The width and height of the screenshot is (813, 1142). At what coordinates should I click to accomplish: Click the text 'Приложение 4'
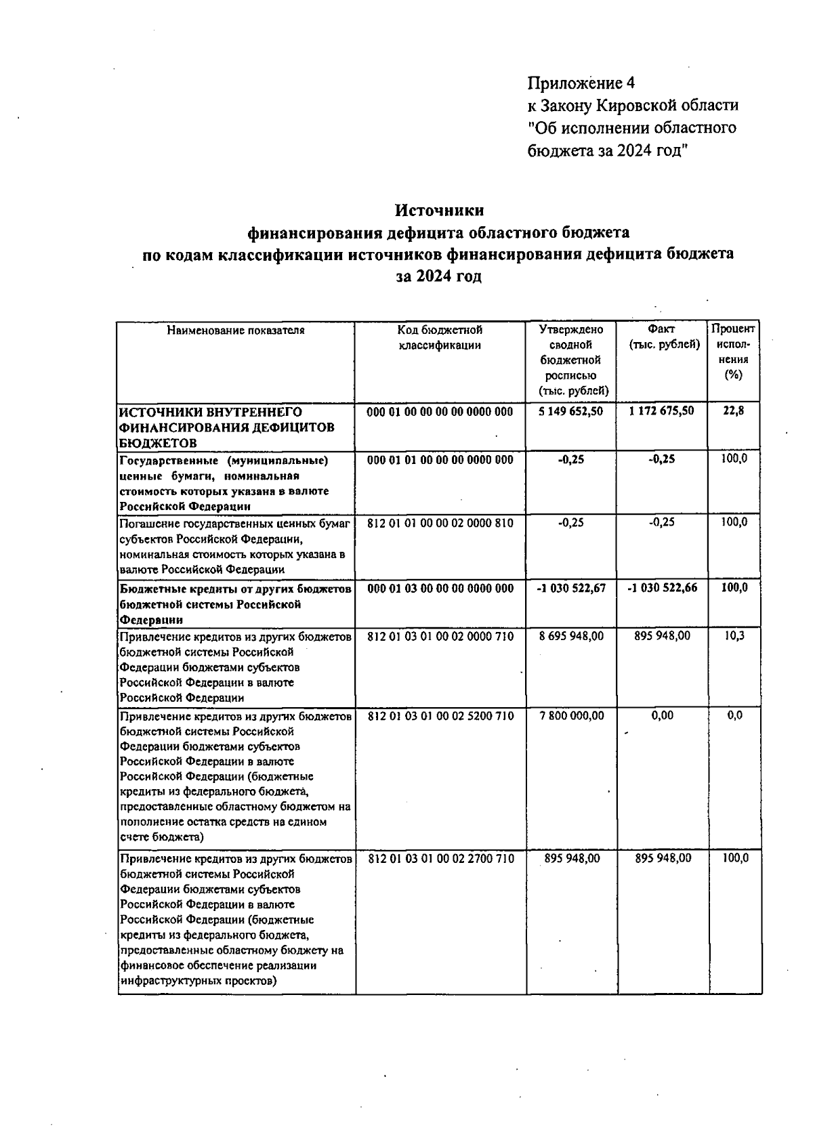[x=582, y=83]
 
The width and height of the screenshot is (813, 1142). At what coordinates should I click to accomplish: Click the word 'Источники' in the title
[x=439, y=211]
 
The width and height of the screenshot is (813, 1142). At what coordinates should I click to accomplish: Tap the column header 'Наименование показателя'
[x=236, y=331]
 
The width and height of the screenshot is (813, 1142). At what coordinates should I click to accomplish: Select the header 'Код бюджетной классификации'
[x=440, y=337]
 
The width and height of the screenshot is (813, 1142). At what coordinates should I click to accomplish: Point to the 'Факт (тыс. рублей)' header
[x=663, y=337]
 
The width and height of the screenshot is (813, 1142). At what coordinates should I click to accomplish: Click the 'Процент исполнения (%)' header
[x=732, y=352]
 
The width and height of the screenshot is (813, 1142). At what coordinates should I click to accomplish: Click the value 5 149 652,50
[x=570, y=411]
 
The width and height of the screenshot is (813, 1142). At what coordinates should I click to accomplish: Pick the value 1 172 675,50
[x=661, y=411]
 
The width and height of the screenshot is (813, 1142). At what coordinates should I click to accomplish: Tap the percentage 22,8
[x=733, y=411]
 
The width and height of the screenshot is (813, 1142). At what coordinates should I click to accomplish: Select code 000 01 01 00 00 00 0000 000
[x=440, y=460]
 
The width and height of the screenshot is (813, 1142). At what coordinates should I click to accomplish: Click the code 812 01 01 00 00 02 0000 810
[x=440, y=523]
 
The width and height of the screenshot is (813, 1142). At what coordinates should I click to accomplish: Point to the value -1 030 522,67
[x=570, y=589]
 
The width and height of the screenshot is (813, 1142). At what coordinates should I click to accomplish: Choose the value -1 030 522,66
[x=662, y=589]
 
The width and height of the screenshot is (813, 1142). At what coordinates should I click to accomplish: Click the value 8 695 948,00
[x=570, y=636]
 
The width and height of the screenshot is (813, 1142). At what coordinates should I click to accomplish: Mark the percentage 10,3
[x=734, y=636]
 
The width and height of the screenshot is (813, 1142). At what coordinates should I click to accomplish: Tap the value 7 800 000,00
[x=570, y=715]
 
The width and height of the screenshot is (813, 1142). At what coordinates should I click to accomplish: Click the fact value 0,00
[x=662, y=715]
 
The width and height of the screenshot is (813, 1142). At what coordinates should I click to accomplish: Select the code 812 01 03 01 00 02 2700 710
[x=441, y=858]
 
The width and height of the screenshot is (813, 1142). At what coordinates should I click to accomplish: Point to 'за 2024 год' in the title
[x=439, y=276]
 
